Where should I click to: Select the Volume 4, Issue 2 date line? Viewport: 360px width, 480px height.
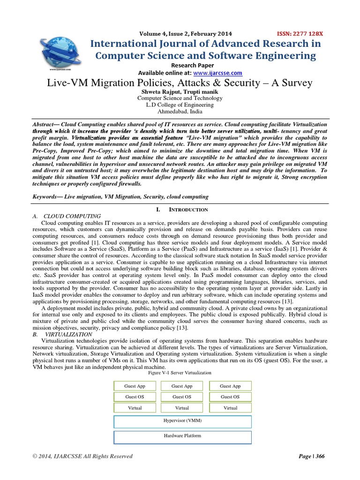point(186,34)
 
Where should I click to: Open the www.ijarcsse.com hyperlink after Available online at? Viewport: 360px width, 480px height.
point(218,73)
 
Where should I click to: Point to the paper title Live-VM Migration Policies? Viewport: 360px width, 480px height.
point(180,83)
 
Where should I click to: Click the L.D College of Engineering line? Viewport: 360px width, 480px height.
point(180,105)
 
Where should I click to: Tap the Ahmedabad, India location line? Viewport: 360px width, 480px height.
point(180,112)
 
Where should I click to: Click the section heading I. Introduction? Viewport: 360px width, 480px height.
point(180,210)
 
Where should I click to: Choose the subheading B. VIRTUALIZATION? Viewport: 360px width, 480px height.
point(62,335)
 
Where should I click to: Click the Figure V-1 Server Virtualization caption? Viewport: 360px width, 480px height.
point(180,373)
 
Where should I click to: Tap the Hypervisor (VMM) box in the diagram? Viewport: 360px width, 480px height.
point(183,421)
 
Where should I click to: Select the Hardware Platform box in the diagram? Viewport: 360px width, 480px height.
point(183,436)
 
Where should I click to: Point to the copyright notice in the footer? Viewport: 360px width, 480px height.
point(82,457)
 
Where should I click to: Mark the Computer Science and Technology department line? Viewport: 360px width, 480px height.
point(180,98)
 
